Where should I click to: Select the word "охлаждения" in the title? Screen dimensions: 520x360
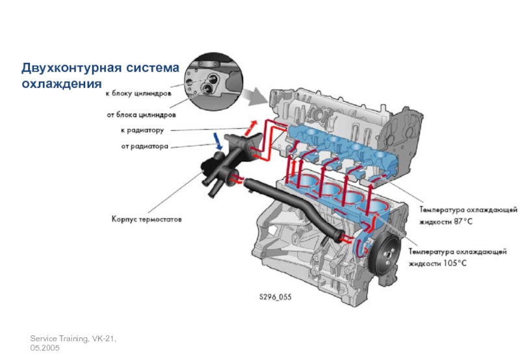click(62, 83)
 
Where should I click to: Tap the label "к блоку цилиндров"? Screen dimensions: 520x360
click(138, 94)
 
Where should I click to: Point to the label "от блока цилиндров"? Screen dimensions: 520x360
click(141, 115)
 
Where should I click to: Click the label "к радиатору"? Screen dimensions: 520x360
click(142, 130)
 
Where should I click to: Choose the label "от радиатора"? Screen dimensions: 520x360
click(144, 146)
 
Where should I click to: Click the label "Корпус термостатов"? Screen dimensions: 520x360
click(147, 219)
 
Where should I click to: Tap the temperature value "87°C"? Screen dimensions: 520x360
click(463, 222)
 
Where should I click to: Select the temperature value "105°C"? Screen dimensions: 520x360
click(455, 264)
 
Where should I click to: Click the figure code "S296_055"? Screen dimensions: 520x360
click(276, 297)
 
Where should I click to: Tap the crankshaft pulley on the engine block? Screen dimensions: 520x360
click(385, 254)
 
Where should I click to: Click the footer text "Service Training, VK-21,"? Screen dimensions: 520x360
click(73, 339)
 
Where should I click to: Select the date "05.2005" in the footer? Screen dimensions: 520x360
click(45, 348)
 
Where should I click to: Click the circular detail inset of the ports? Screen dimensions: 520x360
click(213, 81)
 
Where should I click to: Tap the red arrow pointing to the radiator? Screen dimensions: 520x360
click(250, 127)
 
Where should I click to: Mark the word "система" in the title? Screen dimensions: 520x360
click(153, 68)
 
